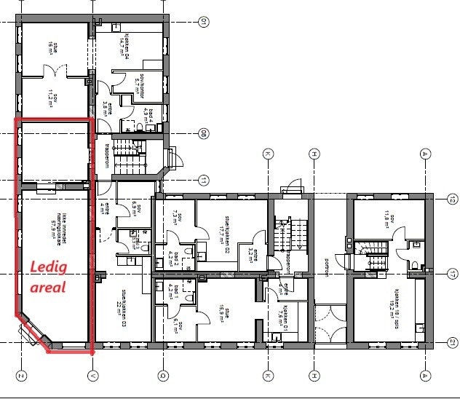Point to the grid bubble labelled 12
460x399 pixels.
point(452,198)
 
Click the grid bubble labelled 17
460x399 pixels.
point(452,274)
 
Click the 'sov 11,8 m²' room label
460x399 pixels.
point(381,218)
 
